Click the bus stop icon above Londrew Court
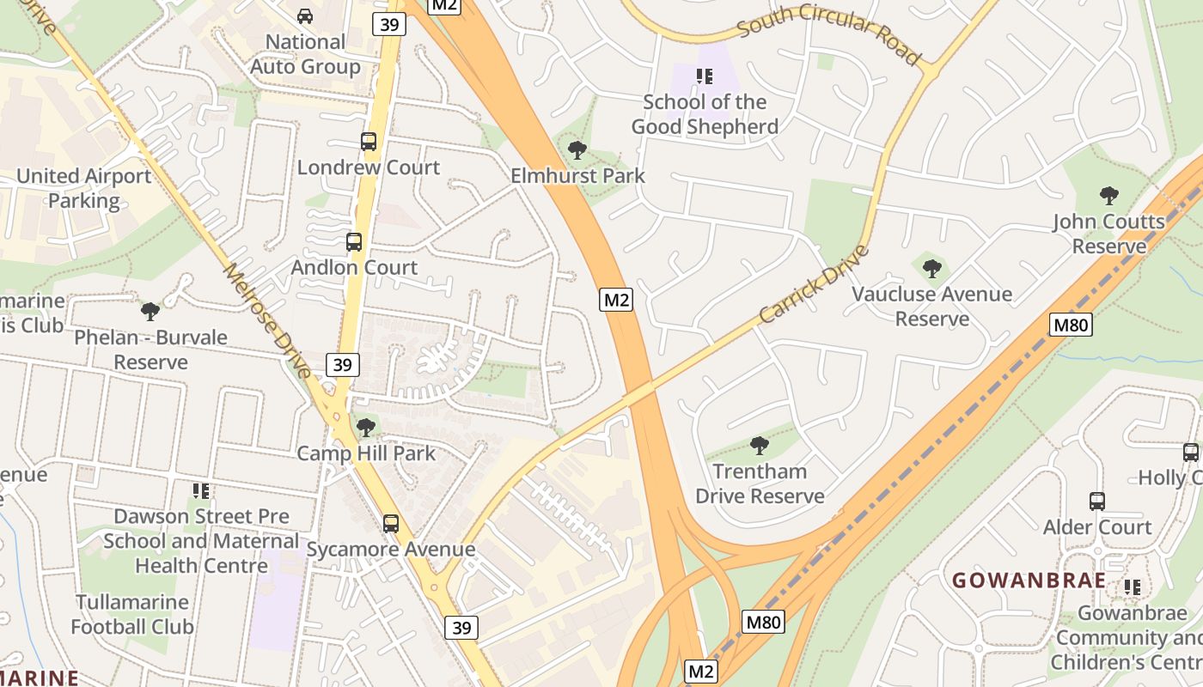pos(369,142)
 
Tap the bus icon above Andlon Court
pos(354,242)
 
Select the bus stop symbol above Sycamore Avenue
pos(391,523)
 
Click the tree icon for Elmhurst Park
pos(577,150)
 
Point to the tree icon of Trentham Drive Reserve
pos(759,445)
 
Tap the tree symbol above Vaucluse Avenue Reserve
pos(931,269)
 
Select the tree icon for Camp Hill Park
pos(366,427)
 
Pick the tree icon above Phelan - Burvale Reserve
pos(150,311)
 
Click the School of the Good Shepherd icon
pos(705,76)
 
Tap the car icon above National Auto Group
pos(305,16)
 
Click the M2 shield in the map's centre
pos(617,300)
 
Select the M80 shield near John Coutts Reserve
pos(1071,325)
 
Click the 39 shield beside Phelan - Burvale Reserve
pos(342,365)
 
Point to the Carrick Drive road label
pos(814,284)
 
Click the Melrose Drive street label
pos(267,320)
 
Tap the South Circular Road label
pos(828,33)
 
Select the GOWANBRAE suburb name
pos(1029,580)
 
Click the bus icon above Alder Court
pos(1097,502)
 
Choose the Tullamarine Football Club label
pos(132,614)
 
